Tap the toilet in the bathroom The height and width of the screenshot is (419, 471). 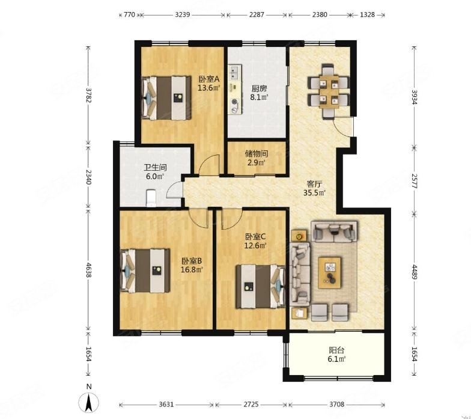[151, 198]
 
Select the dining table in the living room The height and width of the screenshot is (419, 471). [329, 91]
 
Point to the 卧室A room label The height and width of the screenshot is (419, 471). [209, 79]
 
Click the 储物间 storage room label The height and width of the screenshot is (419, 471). [257, 154]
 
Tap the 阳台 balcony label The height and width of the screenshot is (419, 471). [336, 350]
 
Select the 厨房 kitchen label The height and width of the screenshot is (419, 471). [260, 89]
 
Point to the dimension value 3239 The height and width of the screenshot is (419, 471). [183, 14]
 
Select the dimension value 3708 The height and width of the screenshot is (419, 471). [336, 405]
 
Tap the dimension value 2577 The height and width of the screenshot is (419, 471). [415, 181]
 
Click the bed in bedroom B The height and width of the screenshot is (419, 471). [145, 271]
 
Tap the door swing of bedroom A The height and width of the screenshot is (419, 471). [208, 165]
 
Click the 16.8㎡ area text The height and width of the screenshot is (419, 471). [192, 269]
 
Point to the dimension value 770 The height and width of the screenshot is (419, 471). [130, 14]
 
